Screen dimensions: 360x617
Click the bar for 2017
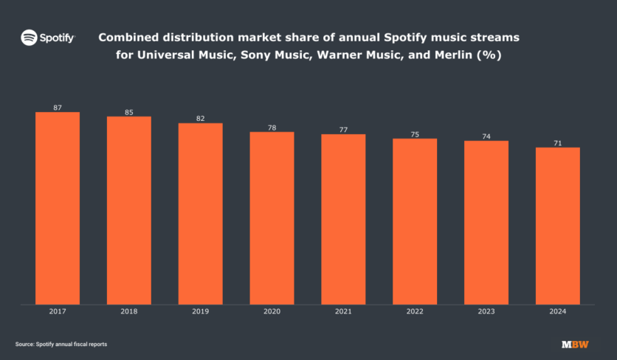[57, 208]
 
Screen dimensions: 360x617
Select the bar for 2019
[200, 213]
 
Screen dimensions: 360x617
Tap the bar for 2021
[343, 219]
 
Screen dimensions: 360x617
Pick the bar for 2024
[557, 226]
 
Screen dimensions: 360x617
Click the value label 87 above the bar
[58, 108]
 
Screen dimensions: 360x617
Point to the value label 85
[129, 112]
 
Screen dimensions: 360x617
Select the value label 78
[272, 128]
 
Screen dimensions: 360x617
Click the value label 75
[415, 134]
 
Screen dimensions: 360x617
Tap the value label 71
[557, 143]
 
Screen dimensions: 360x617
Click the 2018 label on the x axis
[129, 312]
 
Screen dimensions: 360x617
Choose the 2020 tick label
[272, 312]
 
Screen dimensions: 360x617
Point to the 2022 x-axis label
[415, 312]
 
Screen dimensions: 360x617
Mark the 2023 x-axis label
[486, 312]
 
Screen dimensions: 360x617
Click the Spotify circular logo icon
[29, 37]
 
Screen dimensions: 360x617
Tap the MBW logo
[575, 345]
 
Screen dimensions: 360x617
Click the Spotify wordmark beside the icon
[57, 37]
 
